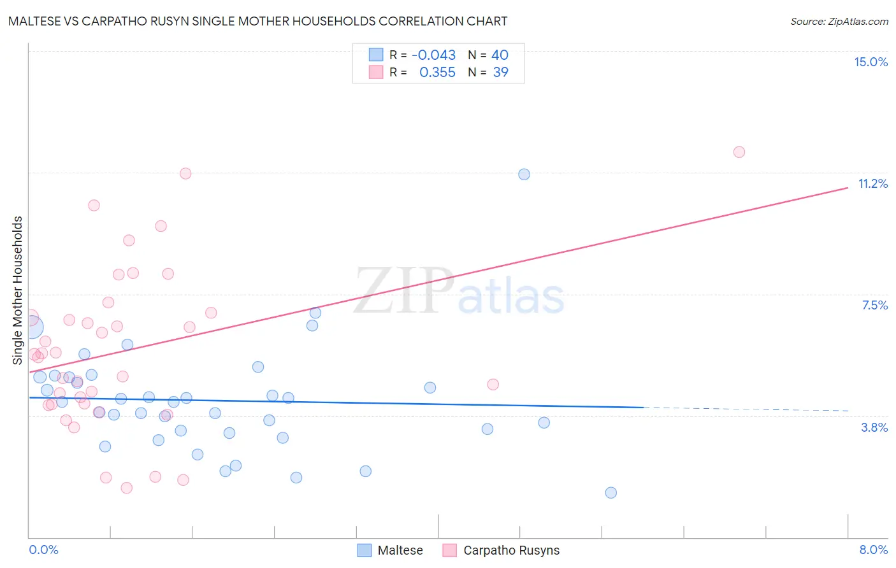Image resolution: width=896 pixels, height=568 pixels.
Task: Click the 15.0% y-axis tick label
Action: pyautogui.click(x=871, y=62)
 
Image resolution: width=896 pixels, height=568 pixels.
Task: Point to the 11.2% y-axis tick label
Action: pyautogui.click(x=872, y=183)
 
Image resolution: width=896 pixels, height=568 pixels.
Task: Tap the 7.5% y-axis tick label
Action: pyautogui.click(x=874, y=305)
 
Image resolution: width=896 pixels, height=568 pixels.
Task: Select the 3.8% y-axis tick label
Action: pyautogui.click(x=874, y=427)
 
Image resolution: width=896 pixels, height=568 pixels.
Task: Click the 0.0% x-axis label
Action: pyautogui.click(x=43, y=550)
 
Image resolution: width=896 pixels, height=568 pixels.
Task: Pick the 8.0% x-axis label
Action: pyautogui.click(x=873, y=550)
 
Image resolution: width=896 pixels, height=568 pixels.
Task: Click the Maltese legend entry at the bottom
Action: pyautogui.click(x=391, y=550)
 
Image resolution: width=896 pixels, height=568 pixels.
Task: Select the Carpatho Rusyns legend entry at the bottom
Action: pyautogui.click(x=502, y=550)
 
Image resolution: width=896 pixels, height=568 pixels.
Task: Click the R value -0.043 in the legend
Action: pyautogui.click(x=433, y=55)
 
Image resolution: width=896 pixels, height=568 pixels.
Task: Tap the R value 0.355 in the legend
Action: pyautogui.click(x=437, y=72)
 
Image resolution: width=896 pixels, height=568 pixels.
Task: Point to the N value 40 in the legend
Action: pyautogui.click(x=500, y=55)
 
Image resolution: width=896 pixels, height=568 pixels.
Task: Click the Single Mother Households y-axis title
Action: pyautogui.click(x=17, y=290)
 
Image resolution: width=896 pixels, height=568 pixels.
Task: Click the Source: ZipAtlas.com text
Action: pyautogui.click(x=839, y=21)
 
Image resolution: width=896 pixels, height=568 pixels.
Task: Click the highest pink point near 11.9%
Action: pyautogui.click(x=739, y=152)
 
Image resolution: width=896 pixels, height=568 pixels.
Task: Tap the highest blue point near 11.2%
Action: pyautogui.click(x=524, y=174)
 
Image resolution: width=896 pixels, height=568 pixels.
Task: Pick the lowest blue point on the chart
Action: pyautogui.click(x=611, y=492)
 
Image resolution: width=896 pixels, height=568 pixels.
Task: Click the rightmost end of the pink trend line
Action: pyautogui.click(x=848, y=187)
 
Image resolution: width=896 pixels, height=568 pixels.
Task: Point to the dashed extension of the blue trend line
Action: pyautogui.click(x=746, y=409)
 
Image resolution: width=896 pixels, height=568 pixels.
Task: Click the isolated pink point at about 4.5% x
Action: pyautogui.click(x=493, y=384)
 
